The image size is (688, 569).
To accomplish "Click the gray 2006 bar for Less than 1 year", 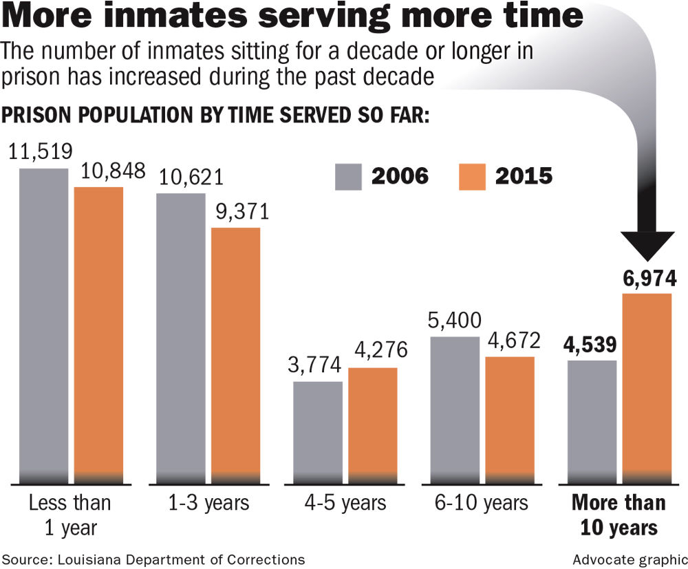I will (x=43, y=323).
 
